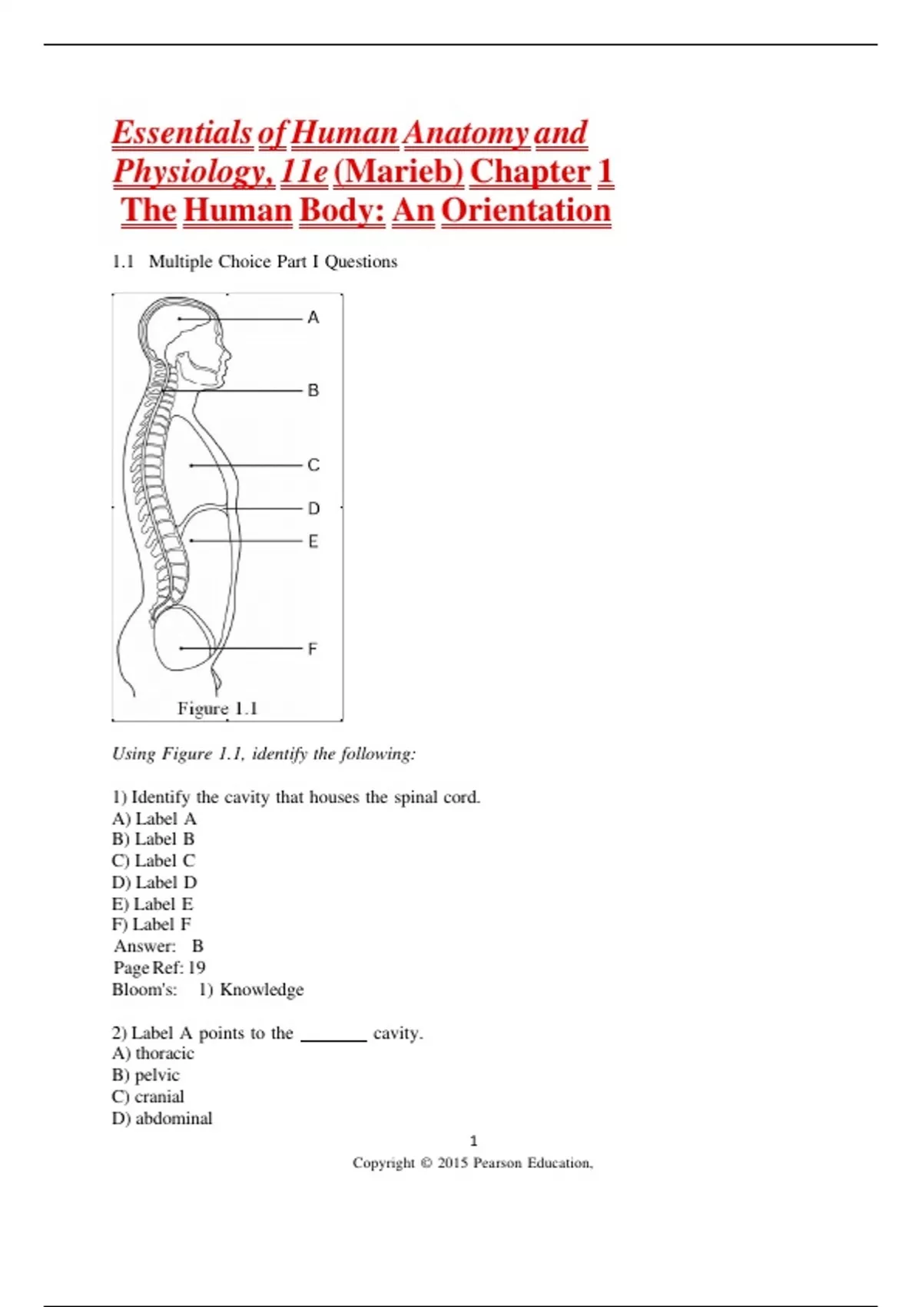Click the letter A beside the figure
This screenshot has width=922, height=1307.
(x=313, y=318)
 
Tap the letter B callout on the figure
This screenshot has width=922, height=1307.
(x=313, y=391)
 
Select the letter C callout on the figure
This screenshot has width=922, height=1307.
(x=313, y=465)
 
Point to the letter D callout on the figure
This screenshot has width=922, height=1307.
(x=313, y=508)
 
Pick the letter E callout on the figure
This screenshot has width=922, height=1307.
(x=313, y=542)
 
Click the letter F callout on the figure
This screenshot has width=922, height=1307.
(x=312, y=649)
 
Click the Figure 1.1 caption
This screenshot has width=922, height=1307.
(x=217, y=708)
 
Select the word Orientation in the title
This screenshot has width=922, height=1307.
(x=526, y=211)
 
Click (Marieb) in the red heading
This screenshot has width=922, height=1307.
(x=398, y=171)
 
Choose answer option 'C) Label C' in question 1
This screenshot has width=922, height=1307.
(x=154, y=861)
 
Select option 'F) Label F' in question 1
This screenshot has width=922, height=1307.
(x=151, y=925)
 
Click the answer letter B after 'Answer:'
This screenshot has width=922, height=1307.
(x=197, y=946)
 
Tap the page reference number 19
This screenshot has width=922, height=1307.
(x=197, y=968)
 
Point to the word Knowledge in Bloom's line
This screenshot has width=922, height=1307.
(x=261, y=989)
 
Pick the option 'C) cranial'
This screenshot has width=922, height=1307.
(x=148, y=1097)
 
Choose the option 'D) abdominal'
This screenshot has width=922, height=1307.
(x=162, y=1119)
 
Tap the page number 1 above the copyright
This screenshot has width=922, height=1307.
(x=473, y=1141)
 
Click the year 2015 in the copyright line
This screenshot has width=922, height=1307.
(x=452, y=1163)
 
